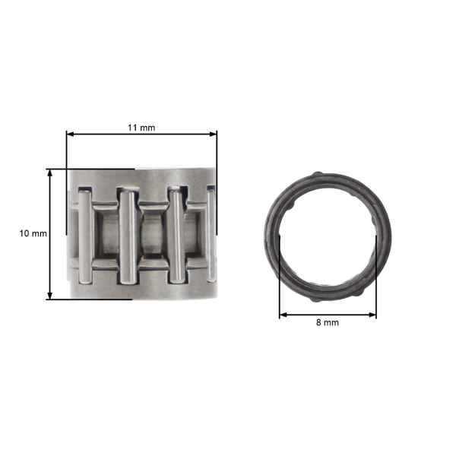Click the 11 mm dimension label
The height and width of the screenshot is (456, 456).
[141, 127]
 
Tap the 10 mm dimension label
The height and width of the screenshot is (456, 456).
[33, 233]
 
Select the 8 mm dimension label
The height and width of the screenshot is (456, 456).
[328, 322]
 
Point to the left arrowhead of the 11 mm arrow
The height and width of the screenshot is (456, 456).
[69, 135]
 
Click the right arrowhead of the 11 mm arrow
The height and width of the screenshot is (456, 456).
[214, 135]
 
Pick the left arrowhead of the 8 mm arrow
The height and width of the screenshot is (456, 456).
[283, 314]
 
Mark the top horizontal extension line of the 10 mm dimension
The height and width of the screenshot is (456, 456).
[91, 169]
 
